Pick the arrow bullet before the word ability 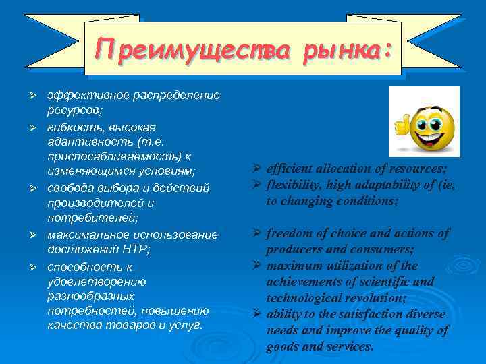tap(258, 314)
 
